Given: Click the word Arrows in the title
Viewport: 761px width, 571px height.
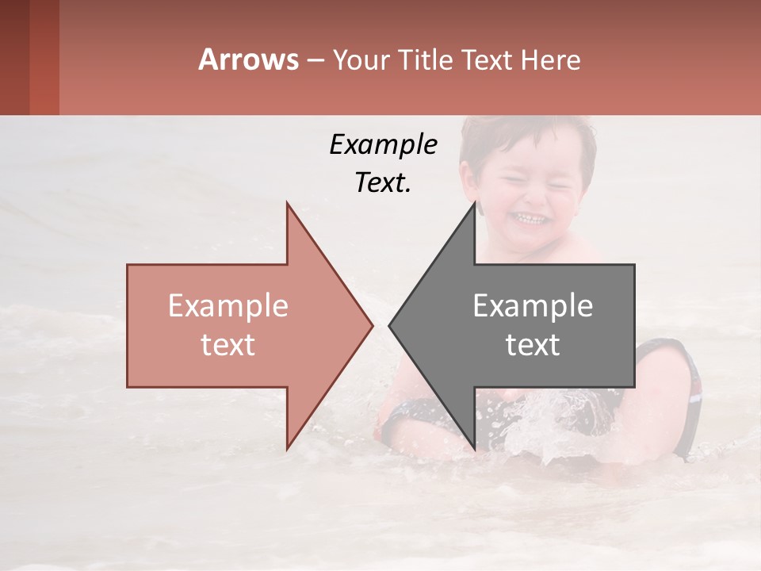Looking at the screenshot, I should pos(249,59).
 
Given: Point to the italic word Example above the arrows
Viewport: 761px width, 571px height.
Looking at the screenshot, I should pos(383,144).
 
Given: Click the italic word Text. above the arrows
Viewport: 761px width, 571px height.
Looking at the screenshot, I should pos(383,182).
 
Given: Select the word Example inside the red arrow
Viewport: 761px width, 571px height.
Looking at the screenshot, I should pos(228,305).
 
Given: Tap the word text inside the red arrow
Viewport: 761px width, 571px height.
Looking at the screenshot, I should pos(228,344).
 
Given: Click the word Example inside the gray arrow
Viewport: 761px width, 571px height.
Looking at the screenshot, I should pos(533,305).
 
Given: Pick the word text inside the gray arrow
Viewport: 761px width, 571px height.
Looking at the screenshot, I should pos(533,344).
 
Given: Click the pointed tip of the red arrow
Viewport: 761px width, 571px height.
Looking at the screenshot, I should pos(371,325).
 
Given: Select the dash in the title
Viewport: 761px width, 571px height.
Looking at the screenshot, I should pos(315,60).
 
